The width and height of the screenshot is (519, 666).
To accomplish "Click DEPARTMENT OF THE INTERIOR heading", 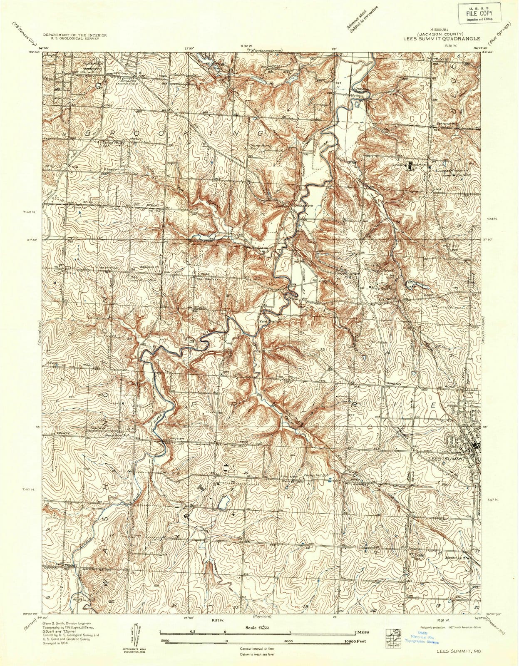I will [75, 35].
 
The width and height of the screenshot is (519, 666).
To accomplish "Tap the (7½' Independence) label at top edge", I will [258, 51].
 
